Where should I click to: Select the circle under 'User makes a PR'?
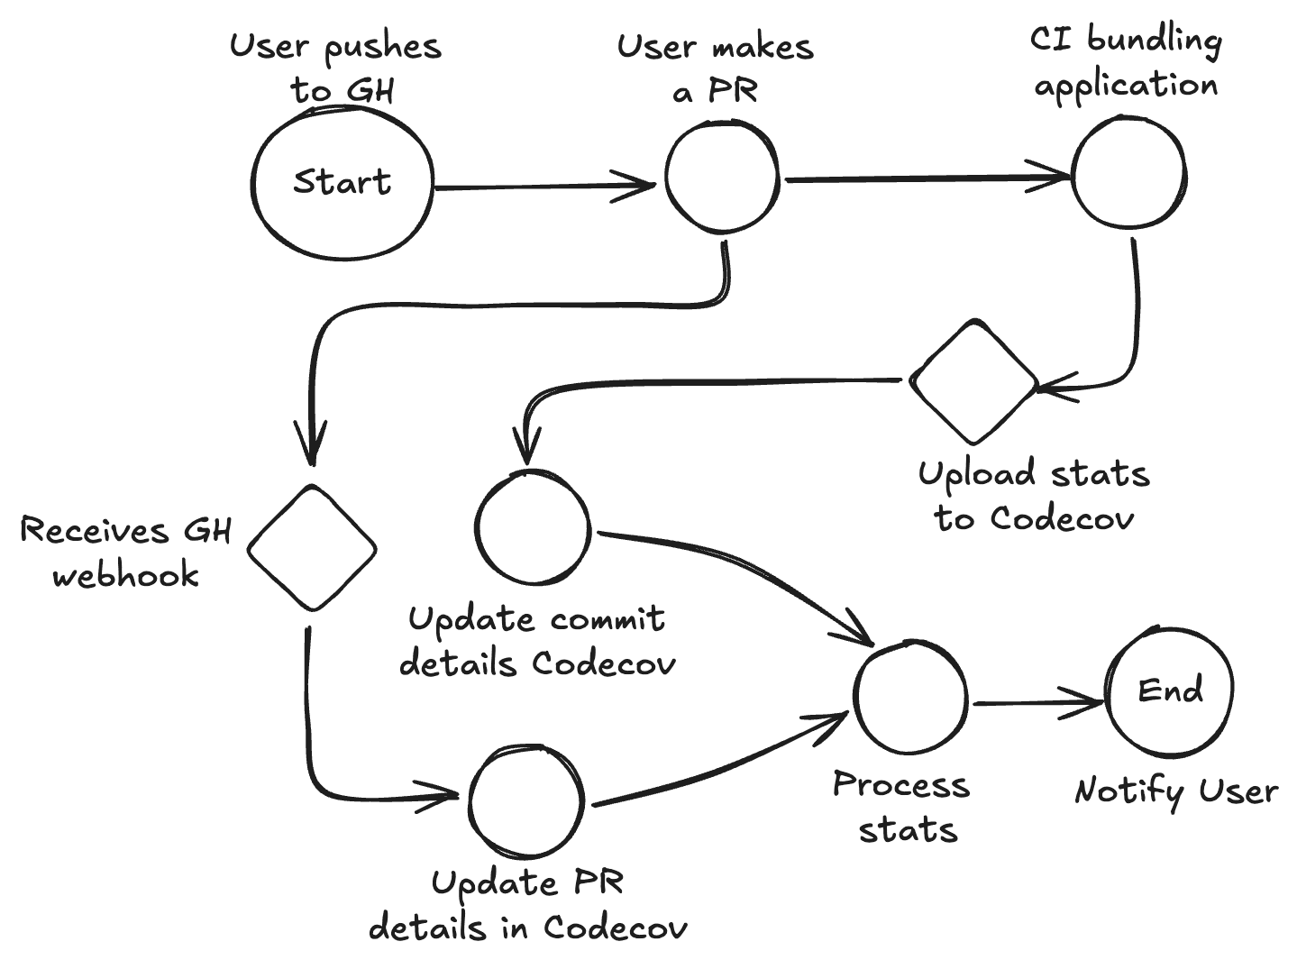[x=722, y=177]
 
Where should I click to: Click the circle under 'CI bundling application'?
[x=1128, y=173]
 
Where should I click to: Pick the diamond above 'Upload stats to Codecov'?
[x=973, y=381]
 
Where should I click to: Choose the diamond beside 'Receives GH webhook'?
[x=312, y=548]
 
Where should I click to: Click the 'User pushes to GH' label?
[x=335, y=68]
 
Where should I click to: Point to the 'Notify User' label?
[x=1176, y=791]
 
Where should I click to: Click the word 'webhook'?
[x=125, y=574]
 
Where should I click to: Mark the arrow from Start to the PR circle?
[x=541, y=187]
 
